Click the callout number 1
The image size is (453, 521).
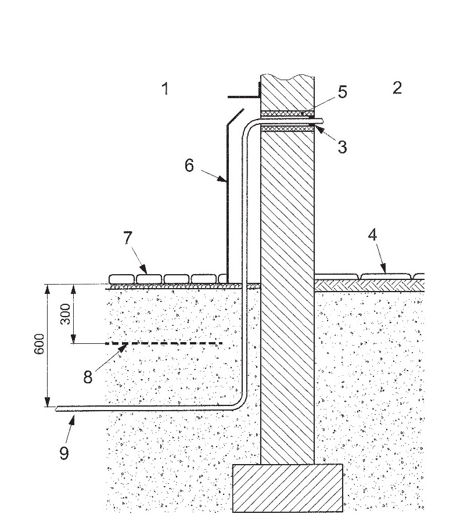[x=165, y=89]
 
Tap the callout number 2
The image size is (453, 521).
[x=397, y=88]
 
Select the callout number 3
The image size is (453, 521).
[x=342, y=148]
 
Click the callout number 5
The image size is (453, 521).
[x=343, y=92]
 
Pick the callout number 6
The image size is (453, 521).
[x=189, y=166]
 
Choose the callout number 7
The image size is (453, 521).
[x=127, y=238]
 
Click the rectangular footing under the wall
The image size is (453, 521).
[x=287, y=488]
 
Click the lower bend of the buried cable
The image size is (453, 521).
[x=240, y=401]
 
